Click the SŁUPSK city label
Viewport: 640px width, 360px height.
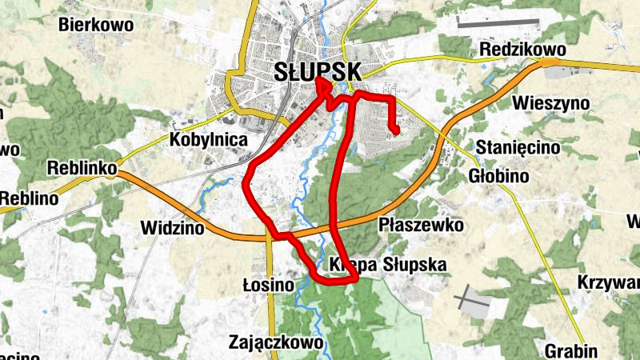pyautogui.click(x=318, y=70)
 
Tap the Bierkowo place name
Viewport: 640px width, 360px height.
pyautogui.click(x=95, y=25)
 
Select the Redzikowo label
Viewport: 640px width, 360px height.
pyautogui.click(x=523, y=50)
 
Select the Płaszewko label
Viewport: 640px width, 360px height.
pyautogui.click(x=422, y=225)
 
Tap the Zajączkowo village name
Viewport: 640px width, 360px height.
pyautogui.click(x=276, y=342)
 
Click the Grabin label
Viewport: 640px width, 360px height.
pyautogui.click(x=571, y=350)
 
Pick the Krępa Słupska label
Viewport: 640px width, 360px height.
pyautogui.click(x=386, y=265)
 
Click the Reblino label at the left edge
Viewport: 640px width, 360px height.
pyautogui.click(x=28, y=198)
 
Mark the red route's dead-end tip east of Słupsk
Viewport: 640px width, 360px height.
pyautogui.click(x=395, y=130)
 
